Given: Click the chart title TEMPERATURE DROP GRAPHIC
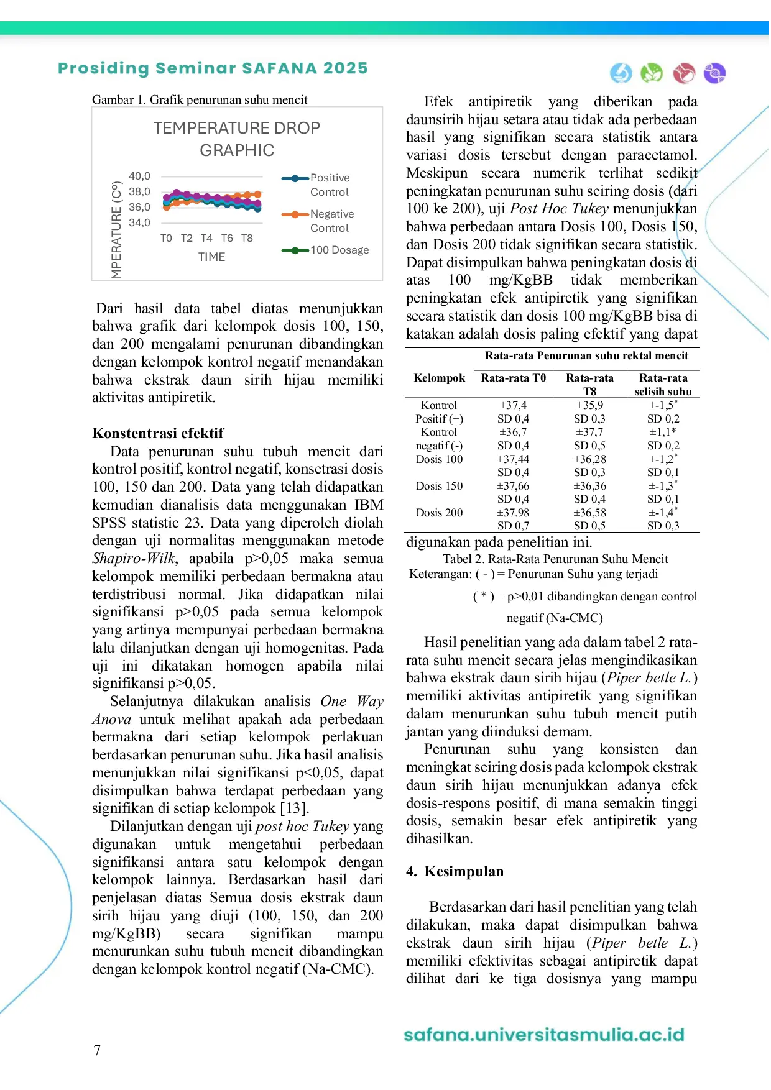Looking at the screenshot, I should (237, 139).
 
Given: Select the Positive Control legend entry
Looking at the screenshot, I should (330, 185).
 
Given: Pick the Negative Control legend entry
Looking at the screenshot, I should (332, 221).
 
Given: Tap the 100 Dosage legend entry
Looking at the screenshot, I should (339, 250).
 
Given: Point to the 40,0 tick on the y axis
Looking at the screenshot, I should (139, 176).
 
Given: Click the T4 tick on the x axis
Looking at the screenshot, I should (206, 238).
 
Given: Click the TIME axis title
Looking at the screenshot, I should (211, 257).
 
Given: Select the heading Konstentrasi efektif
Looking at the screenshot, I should (158, 433).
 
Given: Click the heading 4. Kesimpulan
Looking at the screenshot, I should (455, 871).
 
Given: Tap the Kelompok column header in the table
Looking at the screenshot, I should (439, 378).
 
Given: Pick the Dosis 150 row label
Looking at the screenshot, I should (439, 486).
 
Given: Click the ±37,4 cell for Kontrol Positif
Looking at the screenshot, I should (513, 405).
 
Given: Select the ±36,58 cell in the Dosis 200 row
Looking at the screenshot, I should (589, 513).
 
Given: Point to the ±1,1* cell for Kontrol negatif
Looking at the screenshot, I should (663, 432).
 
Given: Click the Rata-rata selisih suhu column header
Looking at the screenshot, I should (663, 385).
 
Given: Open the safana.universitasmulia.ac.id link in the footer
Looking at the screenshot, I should (544, 1035).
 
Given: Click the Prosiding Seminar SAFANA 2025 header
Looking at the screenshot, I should (213, 68).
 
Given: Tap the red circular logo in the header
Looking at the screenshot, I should (684, 73).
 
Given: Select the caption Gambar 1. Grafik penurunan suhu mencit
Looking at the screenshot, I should (200, 99).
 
